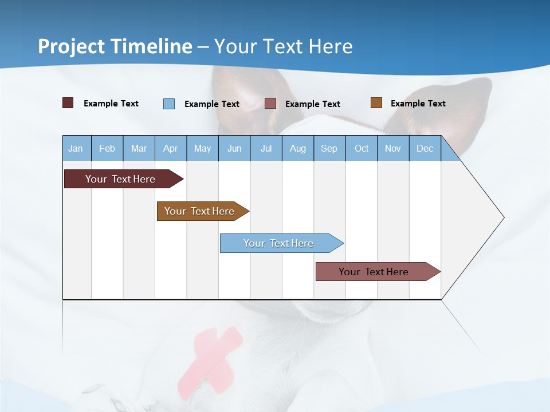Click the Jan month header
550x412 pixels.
tap(76, 148)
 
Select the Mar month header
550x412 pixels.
tap(139, 148)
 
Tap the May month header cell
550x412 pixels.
tap(202, 148)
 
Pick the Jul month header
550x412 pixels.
tap(266, 148)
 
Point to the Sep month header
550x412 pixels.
tap(329, 148)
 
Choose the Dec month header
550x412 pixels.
tap(425, 148)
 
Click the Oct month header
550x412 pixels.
tap(362, 148)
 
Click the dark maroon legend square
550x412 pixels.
tap(68, 103)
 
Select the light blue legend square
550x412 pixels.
tap(169, 104)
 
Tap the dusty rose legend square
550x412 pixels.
tap(270, 104)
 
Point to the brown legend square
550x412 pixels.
tap(376, 103)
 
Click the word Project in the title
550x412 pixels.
tap(72, 46)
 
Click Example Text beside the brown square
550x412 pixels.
tap(418, 104)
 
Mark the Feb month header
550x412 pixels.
tap(107, 148)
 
